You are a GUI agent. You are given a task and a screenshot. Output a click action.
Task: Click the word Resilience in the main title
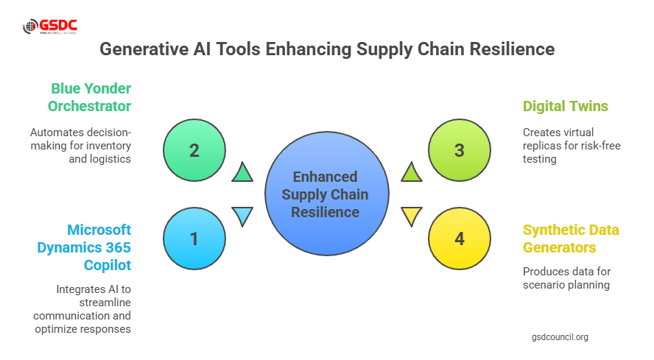click(511, 50)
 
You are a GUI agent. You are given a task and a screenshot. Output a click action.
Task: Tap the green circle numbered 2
click(194, 150)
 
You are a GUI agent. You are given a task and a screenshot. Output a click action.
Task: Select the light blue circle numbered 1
click(194, 239)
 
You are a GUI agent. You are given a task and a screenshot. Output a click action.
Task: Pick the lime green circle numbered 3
click(459, 150)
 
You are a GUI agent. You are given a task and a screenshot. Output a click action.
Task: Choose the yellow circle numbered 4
click(459, 239)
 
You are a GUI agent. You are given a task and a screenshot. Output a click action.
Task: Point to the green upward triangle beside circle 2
click(242, 173)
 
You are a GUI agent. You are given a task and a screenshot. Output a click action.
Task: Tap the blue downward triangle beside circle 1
click(242, 216)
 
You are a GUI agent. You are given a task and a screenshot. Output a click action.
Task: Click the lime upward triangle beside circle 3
click(411, 173)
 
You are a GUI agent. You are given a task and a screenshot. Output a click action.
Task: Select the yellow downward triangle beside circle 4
click(411, 216)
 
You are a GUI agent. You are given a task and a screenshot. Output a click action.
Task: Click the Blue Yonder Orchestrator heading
click(90, 97)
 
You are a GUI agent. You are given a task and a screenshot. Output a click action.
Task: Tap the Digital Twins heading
click(565, 106)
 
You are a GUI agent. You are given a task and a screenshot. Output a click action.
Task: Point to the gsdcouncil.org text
click(560, 336)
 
